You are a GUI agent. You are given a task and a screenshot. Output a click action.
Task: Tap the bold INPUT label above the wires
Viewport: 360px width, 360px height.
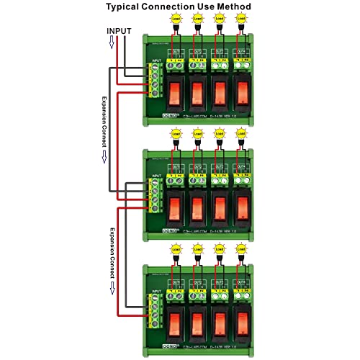tap(120, 31)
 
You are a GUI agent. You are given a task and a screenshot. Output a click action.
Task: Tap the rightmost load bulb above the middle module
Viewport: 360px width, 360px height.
tap(242, 135)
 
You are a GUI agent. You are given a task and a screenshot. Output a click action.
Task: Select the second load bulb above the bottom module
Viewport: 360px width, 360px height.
tap(197, 248)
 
